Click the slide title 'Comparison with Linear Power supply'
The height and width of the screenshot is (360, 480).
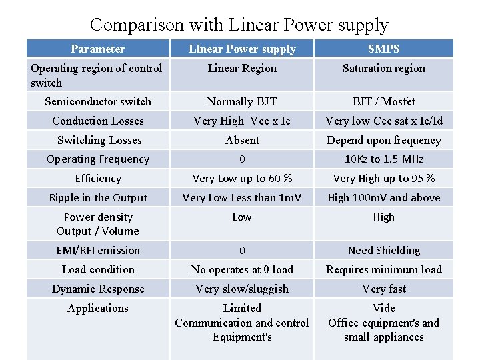coord(239,25)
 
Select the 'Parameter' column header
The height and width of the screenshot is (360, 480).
coord(97,49)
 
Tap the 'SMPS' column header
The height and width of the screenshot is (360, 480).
coord(383,49)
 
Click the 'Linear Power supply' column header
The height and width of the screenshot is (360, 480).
coord(242,49)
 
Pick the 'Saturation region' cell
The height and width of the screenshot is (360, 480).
coord(383,68)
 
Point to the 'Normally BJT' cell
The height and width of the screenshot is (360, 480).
coord(242,101)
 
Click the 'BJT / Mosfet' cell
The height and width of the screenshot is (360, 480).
coord(383,101)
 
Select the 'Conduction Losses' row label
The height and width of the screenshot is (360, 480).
coord(98,121)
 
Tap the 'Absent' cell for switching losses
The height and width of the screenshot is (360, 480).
coord(242,140)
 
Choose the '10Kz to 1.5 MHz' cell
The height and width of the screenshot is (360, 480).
coord(383,159)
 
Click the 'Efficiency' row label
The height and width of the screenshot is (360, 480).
coord(98,179)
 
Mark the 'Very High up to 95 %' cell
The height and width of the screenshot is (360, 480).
coord(383,179)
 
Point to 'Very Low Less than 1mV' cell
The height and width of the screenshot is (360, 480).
coord(242,198)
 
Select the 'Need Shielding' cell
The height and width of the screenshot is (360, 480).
coord(383,251)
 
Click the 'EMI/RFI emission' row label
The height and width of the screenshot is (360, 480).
coord(98,251)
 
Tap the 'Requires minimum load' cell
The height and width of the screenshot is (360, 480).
coord(383,269)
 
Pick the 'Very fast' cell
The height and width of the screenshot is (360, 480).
coord(383,289)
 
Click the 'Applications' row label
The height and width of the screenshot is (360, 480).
coord(98,308)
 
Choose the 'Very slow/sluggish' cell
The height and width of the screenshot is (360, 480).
coord(242,289)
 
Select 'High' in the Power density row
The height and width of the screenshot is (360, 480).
coord(383,217)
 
